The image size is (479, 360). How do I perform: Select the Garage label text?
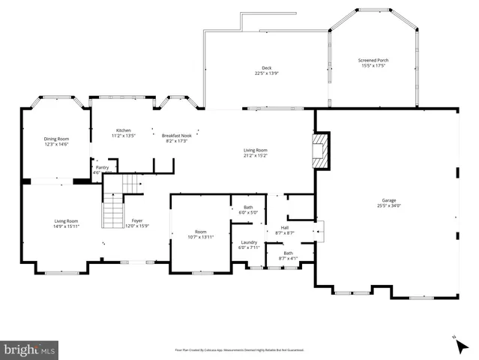coord(389,200)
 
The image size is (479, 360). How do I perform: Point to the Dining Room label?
coord(56,139)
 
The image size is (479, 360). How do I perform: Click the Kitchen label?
coord(122,130)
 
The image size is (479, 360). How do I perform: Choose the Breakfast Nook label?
coord(177,135)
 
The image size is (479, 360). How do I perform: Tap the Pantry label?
coord(102,167)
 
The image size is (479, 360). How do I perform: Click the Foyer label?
coord(136,220)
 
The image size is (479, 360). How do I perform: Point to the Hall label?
coord(285,227)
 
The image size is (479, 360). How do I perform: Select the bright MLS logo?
coord(29,349)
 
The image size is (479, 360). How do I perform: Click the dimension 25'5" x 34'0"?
coord(389,205)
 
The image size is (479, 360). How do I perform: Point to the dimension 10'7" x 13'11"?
coord(200,237)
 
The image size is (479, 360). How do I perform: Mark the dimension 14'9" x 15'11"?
coord(66,226)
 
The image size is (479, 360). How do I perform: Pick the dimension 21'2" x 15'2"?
coord(255,156)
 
